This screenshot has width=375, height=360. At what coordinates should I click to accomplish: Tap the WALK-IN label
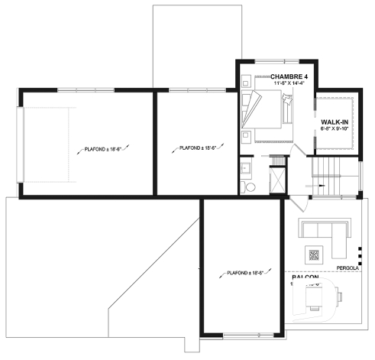coord(335,122)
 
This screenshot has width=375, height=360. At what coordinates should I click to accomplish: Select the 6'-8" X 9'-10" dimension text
coord(335,129)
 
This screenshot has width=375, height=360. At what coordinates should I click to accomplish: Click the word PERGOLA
coord(348,269)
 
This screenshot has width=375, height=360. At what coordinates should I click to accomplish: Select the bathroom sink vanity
coord(245,169)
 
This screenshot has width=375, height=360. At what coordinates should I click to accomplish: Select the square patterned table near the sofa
coord(313,255)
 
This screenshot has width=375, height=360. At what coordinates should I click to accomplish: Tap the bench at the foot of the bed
coord(287,110)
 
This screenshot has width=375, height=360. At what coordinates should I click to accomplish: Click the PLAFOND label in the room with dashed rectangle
coord(104,150)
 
